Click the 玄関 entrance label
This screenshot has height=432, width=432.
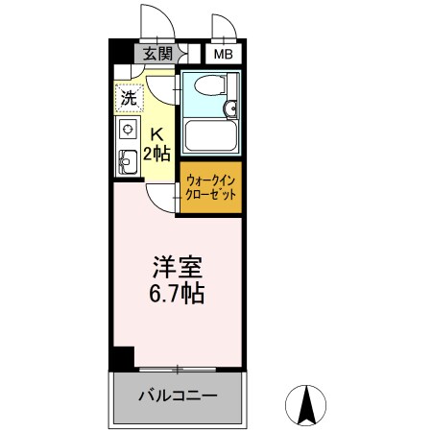[x=158, y=55]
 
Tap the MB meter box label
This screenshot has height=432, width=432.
[x=223, y=55]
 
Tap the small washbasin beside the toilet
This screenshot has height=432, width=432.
[x=231, y=108]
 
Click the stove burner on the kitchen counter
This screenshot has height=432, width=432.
[x=126, y=129]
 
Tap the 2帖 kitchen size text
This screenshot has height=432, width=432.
[x=156, y=154]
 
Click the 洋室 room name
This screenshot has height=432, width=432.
[x=174, y=265]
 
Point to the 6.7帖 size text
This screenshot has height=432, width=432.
[x=174, y=293]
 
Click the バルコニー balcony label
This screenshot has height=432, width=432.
[x=177, y=396]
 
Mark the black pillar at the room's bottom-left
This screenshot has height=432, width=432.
[x=118, y=358]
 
